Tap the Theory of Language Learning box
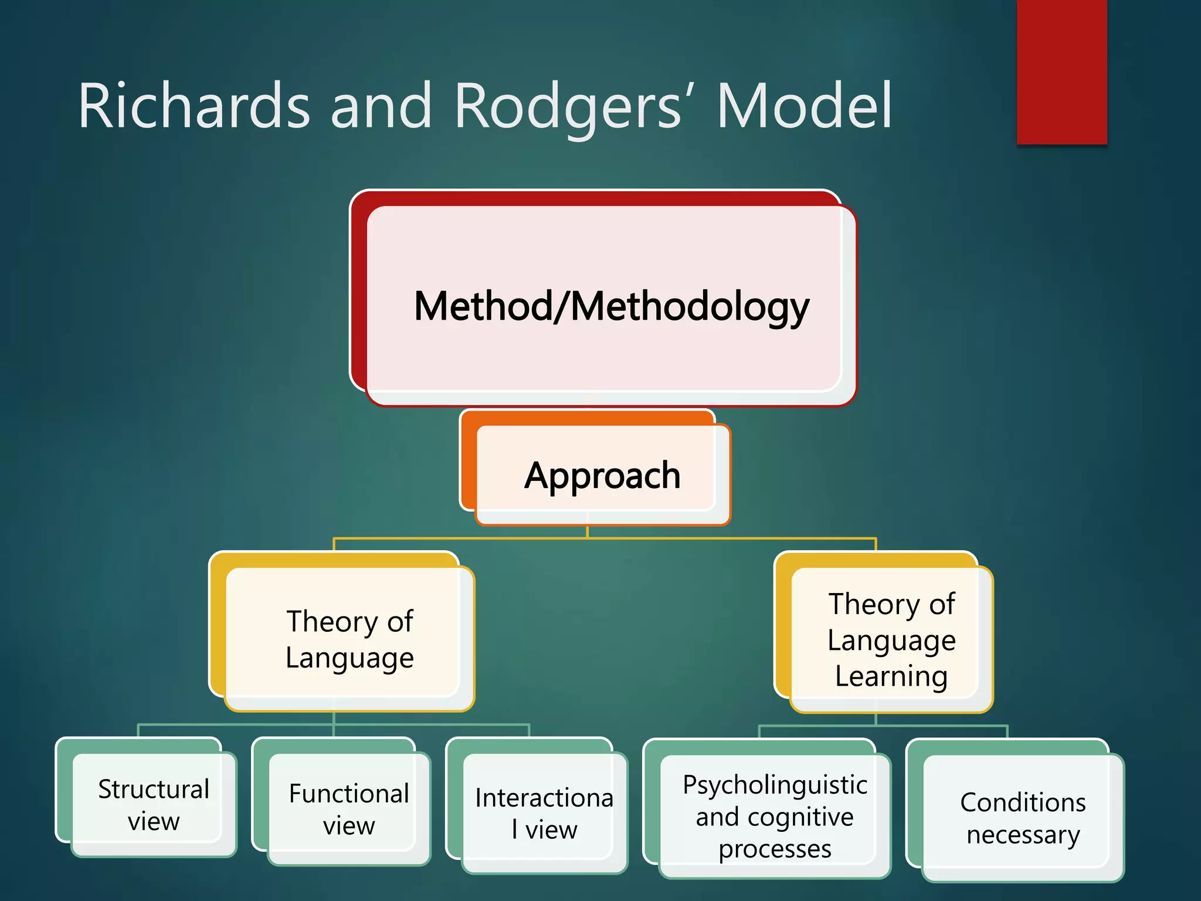[x=891, y=639]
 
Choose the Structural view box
[x=154, y=804]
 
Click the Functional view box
[x=349, y=809]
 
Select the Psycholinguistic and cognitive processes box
[x=775, y=816]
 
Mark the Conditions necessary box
[x=1023, y=818]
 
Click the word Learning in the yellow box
[x=891, y=676]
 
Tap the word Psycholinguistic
[x=775, y=785]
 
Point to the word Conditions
[x=1023, y=802]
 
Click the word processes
[x=775, y=849]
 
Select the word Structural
[x=154, y=789]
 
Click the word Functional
[x=349, y=793]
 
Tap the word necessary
[x=1023, y=834]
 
